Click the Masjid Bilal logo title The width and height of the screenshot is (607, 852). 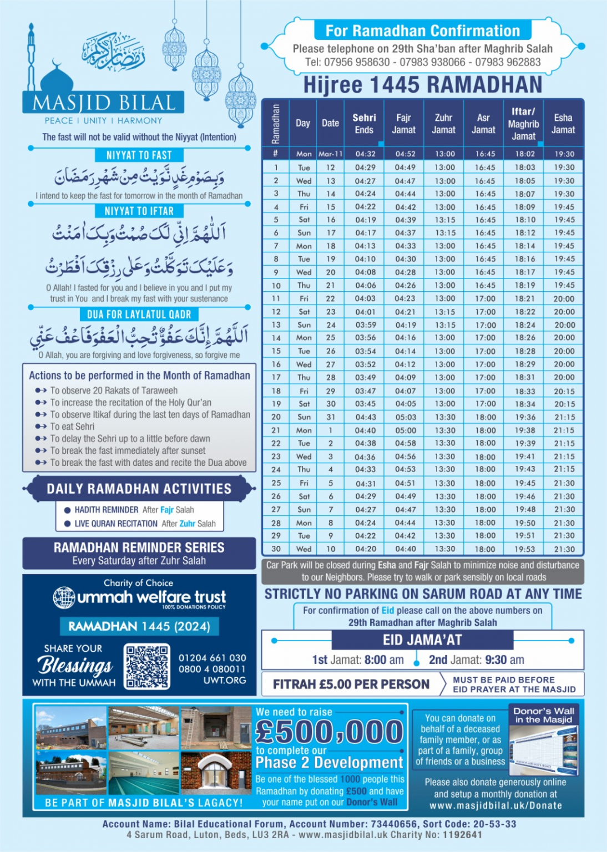pyautogui.click(x=104, y=103)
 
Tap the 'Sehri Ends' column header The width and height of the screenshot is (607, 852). pyautogui.click(x=364, y=124)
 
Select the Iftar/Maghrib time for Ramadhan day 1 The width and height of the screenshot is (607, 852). pyautogui.click(x=524, y=168)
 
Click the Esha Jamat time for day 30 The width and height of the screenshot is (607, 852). pyautogui.click(x=564, y=549)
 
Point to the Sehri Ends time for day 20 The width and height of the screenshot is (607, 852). pyautogui.click(x=365, y=417)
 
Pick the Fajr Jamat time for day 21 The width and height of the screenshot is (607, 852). pyautogui.click(x=406, y=430)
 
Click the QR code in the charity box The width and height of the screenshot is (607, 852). pyautogui.click(x=147, y=666)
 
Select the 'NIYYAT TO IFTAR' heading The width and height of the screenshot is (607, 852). pyautogui.click(x=139, y=211)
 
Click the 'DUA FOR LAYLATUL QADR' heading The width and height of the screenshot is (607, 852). pyautogui.click(x=139, y=315)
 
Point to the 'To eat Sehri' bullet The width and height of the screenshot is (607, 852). pyautogui.click(x=72, y=427)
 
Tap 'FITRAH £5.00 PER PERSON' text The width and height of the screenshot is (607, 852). pyautogui.click(x=351, y=684)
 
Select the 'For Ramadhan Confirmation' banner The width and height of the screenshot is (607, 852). pyautogui.click(x=422, y=31)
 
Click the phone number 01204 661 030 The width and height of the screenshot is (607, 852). pyautogui.click(x=212, y=658)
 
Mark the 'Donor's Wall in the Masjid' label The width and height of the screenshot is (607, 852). pyautogui.click(x=543, y=715)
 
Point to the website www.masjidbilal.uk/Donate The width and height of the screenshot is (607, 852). pyautogui.click(x=495, y=805)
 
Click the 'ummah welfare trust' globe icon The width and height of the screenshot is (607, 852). pyautogui.click(x=64, y=597)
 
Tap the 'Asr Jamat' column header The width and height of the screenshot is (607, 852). pyautogui.click(x=483, y=124)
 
